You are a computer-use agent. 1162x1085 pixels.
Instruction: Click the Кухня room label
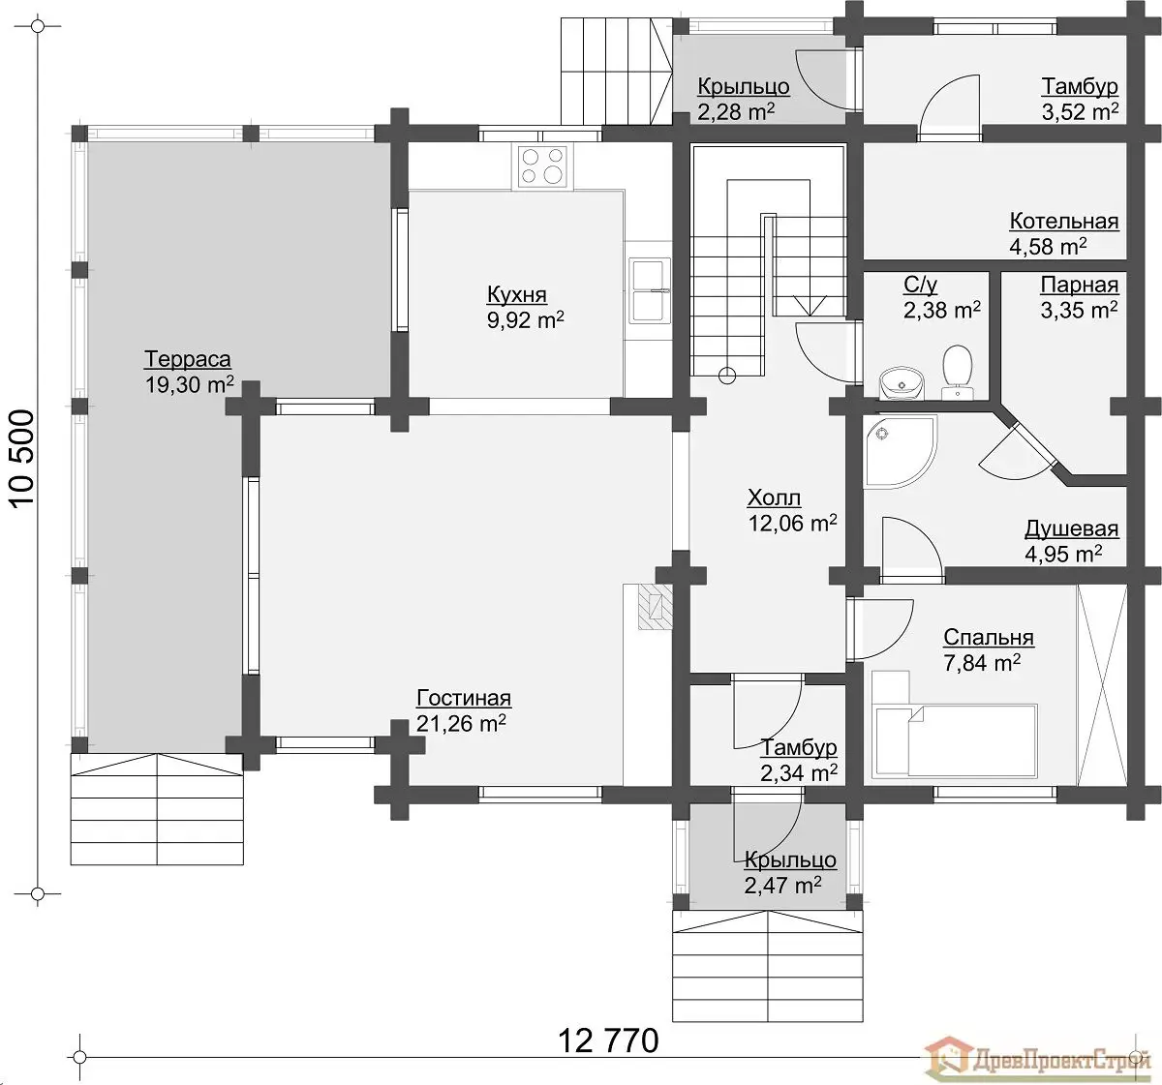coord(517,295)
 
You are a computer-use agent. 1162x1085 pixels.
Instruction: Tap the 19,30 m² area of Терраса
coord(190,385)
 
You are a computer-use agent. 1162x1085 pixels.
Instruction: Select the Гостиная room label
coord(464,698)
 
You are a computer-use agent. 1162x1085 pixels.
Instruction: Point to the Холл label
coord(774,497)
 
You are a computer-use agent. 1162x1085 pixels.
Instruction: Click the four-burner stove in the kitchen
coord(542,166)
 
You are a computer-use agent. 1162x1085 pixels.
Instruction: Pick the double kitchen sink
coord(650,290)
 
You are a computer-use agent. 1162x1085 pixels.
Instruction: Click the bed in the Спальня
coord(954,740)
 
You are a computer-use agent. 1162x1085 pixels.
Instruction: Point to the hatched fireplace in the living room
coord(655,606)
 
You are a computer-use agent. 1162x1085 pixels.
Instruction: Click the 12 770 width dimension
coord(608,1040)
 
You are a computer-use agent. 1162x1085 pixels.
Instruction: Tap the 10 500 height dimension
coord(23,458)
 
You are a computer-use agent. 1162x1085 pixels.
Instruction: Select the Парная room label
coord(1079,285)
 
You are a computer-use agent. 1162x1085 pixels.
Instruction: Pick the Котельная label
coord(1063,221)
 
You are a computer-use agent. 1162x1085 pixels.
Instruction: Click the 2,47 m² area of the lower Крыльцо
coord(782,885)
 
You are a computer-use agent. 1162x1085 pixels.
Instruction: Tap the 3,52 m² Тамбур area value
coord(1080,111)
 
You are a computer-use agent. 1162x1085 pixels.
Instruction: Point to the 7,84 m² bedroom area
coord(982,662)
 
